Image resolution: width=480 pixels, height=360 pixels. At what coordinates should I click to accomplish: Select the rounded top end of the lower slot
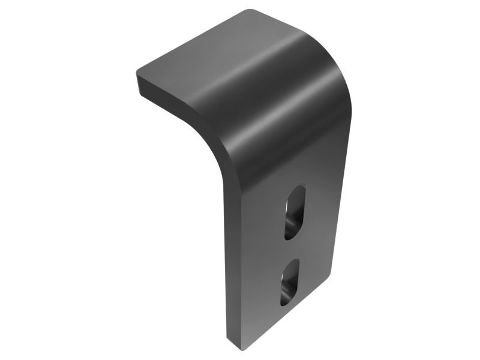[x=293, y=262]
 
